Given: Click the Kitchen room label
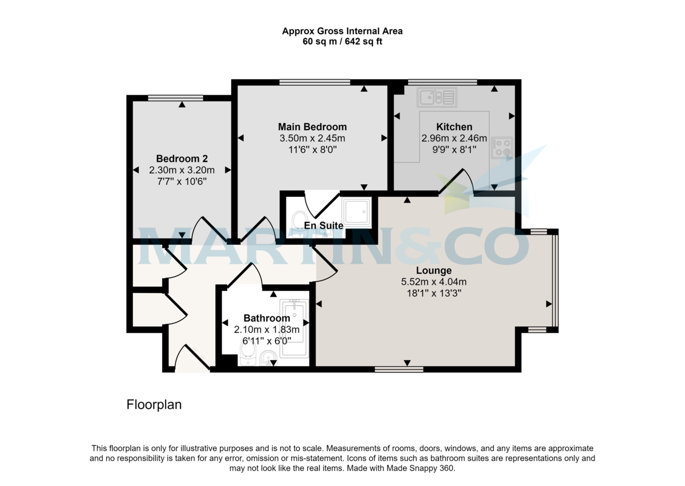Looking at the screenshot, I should [454, 127].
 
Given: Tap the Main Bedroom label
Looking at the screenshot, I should [312, 127].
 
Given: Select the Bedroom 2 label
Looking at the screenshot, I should [182, 159].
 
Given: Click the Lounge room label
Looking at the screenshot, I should [434, 270].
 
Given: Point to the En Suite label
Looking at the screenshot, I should [324, 226].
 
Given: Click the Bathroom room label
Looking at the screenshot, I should [267, 318].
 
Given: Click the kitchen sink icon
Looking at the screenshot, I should [437, 98].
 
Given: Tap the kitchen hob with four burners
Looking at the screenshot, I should [502, 147].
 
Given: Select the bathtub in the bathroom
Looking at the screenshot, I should [295, 328].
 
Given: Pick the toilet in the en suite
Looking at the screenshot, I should [299, 220].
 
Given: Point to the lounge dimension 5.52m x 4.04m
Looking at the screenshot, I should [434, 282].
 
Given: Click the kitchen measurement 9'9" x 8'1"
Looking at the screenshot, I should [454, 149].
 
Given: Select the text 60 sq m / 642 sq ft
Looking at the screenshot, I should [342, 42].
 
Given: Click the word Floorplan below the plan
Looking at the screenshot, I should [154, 405].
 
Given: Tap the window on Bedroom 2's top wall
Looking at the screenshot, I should [175, 98].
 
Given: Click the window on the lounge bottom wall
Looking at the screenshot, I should [399, 370].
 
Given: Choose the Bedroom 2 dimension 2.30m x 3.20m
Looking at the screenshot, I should [182, 170].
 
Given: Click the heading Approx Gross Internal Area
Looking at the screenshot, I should [342, 31].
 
